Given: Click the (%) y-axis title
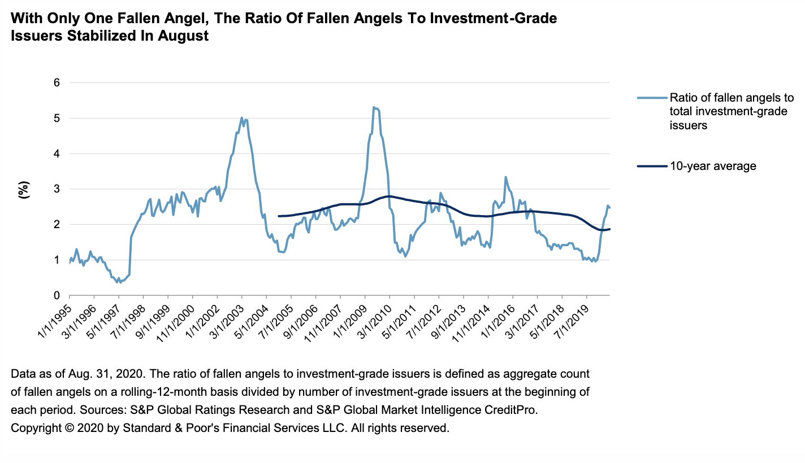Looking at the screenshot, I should pos(23,189).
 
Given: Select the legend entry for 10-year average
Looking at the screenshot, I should pos(713,166).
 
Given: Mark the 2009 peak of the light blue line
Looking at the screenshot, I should pos(374,107).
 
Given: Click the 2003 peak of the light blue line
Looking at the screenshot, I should pos(242,117).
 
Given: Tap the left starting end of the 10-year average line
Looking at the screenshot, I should pos(279,216).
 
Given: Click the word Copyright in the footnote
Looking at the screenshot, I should pos(35,427).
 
